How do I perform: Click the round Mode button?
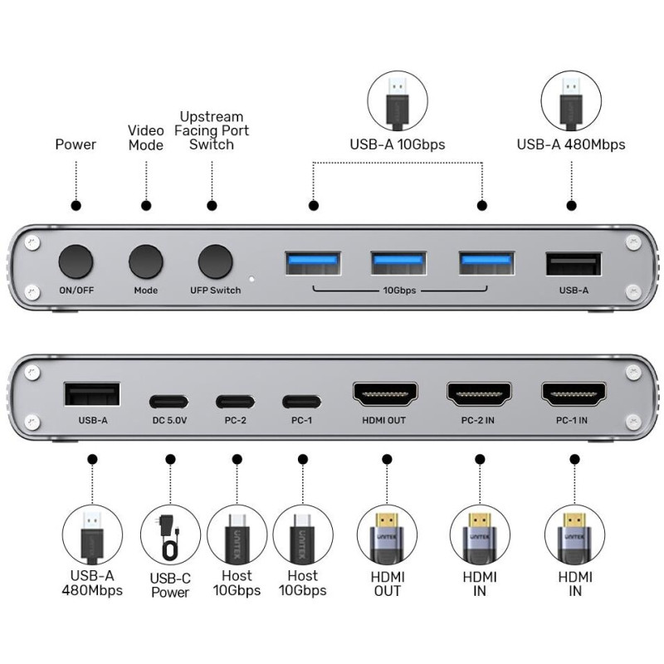tap(146, 261)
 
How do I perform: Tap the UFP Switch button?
tap(216, 261)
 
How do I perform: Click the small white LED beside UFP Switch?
tap(252, 279)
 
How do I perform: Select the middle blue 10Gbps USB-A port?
tap(398, 263)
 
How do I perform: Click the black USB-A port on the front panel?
tap(574, 264)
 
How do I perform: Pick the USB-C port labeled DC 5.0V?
tap(168, 402)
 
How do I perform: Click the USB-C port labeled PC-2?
tap(235, 402)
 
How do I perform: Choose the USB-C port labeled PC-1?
tap(301, 402)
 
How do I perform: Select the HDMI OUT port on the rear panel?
tap(385, 393)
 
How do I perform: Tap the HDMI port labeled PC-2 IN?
tap(479, 393)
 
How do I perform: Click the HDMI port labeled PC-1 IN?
tap(574, 393)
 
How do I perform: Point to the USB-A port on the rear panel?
tap(92, 394)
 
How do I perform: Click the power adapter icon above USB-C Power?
tap(170, 538)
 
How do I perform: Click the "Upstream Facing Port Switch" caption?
tap(212, 130)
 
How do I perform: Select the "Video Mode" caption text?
tap(146, 138)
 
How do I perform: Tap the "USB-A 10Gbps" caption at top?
tap(398, 144)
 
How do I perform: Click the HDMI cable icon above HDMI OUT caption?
tap(387, 538)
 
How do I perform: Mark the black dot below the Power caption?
tap(76, 206)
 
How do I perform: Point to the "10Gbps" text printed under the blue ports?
tap(399, 290)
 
